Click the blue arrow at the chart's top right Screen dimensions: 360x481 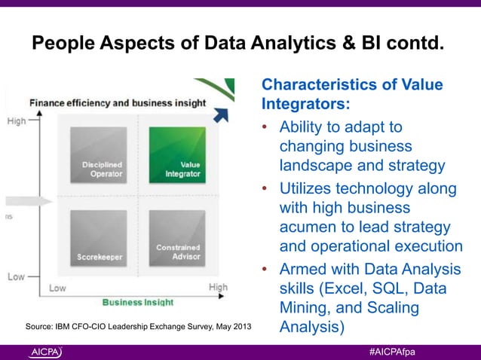220,114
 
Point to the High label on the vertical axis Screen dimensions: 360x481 17,120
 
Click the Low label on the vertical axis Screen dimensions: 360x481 17,277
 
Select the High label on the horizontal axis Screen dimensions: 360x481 217,287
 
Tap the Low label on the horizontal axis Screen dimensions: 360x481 57,288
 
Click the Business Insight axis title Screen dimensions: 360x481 137,301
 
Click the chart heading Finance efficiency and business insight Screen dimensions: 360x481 116,102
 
